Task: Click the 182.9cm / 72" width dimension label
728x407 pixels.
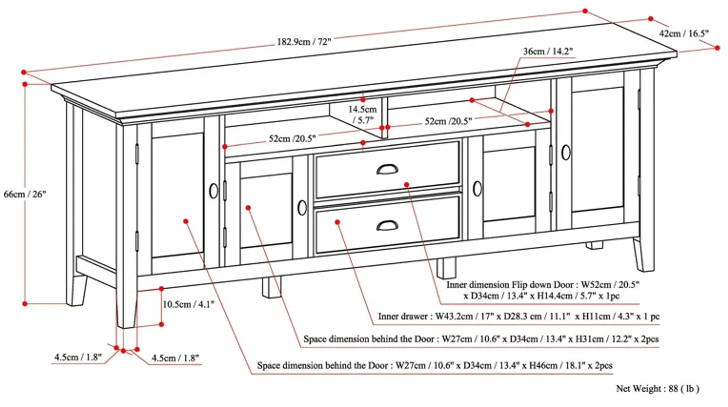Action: pos(304,42)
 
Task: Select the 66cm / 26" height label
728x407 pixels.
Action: pos(25,194)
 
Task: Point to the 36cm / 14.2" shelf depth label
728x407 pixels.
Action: pos(548,51)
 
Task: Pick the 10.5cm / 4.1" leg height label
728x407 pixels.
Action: pos(188,304)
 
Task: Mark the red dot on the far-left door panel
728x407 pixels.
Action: pos(186,221)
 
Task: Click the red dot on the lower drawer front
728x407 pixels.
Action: pos(337,222)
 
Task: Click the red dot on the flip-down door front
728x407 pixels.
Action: pos(407,185)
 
